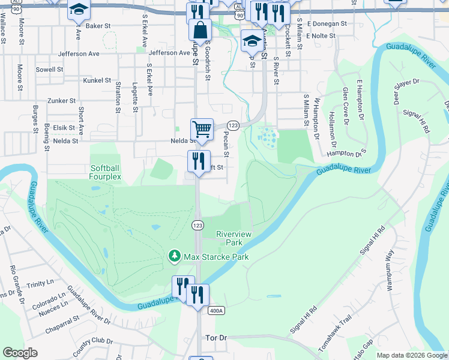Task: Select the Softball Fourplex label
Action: pos(106,172)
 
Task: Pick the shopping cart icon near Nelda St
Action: pos(202,128)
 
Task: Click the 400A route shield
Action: pos(217,311)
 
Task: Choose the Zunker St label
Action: pos(62,101)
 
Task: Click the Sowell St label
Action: pos(49,70)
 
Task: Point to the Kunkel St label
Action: pos(97,80)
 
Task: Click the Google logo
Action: pos(20,353)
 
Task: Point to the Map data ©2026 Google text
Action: pos(411,355)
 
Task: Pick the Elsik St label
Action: pos(64,128)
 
